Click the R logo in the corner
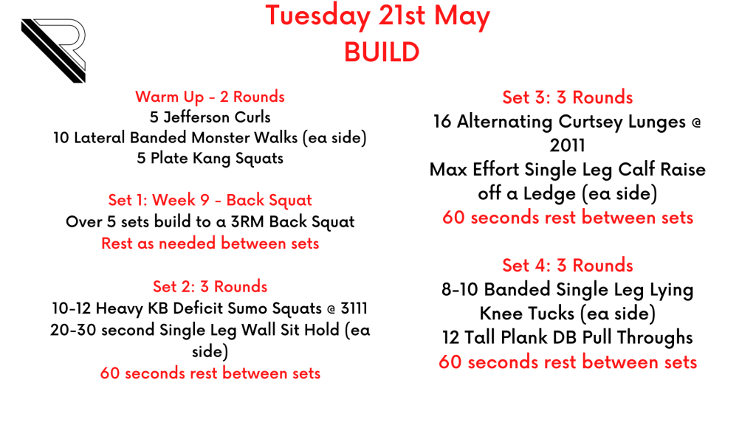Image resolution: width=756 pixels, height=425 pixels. point(53,51)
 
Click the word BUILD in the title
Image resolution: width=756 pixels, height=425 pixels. point(382,52)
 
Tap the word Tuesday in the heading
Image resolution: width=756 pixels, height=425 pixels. point(317,16)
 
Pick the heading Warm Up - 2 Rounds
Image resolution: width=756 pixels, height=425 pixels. point(210,97)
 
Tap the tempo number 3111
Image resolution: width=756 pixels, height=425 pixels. point(354,308)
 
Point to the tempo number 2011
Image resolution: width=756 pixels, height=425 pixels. point(567,145)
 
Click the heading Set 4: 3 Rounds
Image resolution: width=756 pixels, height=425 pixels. point(568,266)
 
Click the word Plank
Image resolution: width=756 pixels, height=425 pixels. point(524,337)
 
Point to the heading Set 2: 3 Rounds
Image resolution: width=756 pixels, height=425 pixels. point(210,287)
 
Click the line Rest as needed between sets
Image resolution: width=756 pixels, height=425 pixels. point(210,243)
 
